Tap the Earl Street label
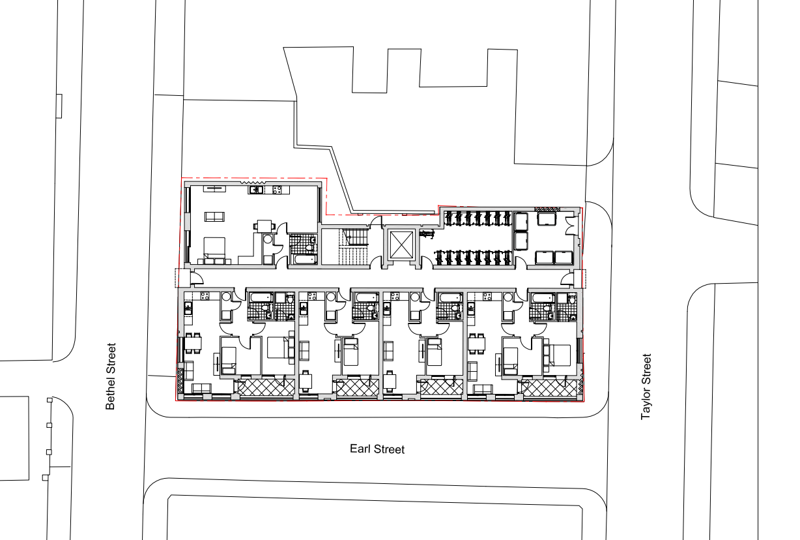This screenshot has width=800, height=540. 377,449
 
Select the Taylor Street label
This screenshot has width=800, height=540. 646,386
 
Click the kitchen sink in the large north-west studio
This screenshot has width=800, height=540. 256,190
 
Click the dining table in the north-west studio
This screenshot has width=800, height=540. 264,226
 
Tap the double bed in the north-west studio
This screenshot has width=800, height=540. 213,248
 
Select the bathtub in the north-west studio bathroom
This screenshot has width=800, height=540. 303,260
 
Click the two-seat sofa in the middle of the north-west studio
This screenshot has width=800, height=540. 213,216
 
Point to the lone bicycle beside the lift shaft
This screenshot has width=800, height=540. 427,232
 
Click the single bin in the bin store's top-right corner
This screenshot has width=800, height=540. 546,219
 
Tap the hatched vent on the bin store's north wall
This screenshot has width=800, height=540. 543,208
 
